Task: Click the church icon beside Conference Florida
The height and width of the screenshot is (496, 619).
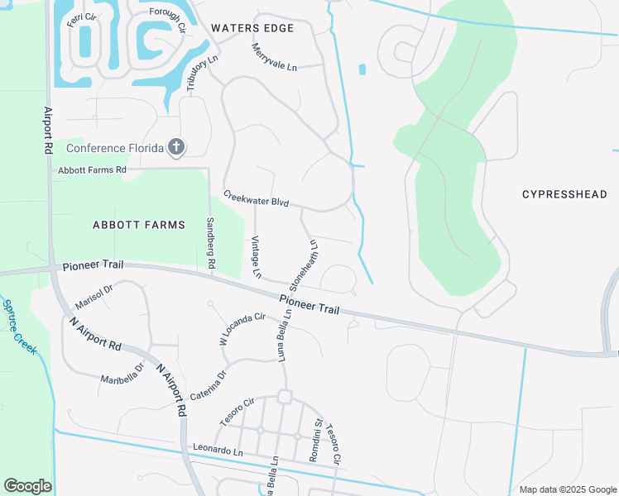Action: [x=175, y=148]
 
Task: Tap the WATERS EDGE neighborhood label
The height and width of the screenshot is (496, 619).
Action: [x=252, y=28]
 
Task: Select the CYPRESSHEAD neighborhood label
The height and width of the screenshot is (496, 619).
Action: [x=564, y=194]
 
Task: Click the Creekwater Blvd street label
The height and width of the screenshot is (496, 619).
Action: [x=256, y=198]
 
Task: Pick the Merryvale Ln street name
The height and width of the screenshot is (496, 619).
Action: [x=273, y=57]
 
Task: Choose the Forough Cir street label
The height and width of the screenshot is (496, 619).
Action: [x=168, y=18]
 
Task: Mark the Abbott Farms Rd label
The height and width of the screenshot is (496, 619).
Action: [x=92, y=170]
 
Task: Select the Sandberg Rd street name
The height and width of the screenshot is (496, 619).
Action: [x=210, y=242]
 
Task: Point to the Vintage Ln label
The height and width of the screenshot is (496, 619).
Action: [x=257, y=256]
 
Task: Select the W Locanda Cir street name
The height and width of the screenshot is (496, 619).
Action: [x=242, y=327]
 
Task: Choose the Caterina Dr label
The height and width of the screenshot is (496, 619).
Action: [x=209, y=385]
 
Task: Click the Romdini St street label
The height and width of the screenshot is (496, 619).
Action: [x=315, y=439]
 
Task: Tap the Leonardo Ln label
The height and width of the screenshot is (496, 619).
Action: [x=218, y=451]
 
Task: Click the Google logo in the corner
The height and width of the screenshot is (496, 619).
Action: [x=27, y=486]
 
